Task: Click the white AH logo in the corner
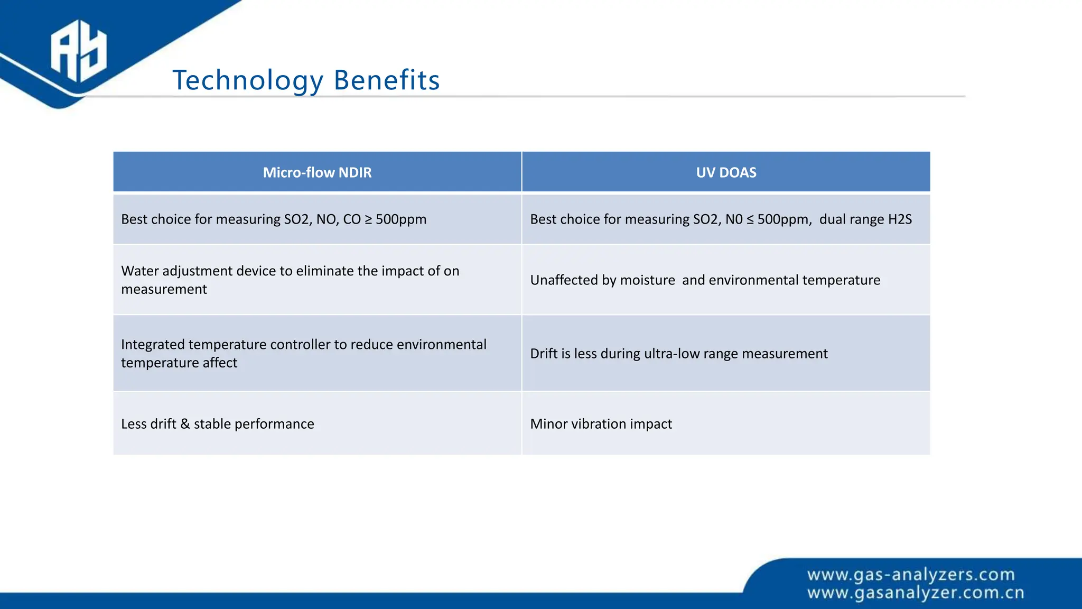click(78, 51)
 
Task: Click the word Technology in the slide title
click(247, 81)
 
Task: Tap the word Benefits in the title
click(386, 81)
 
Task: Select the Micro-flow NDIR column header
click(317, 172)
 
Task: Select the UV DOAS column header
click(726, 172)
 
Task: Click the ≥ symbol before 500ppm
click(368, 219)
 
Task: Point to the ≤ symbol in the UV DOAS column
click(750, 219)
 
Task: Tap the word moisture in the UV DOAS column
click(647, 280)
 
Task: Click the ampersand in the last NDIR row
click(185, 424)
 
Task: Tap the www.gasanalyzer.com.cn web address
click(916, 593)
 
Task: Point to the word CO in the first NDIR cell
click(352, 219)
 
